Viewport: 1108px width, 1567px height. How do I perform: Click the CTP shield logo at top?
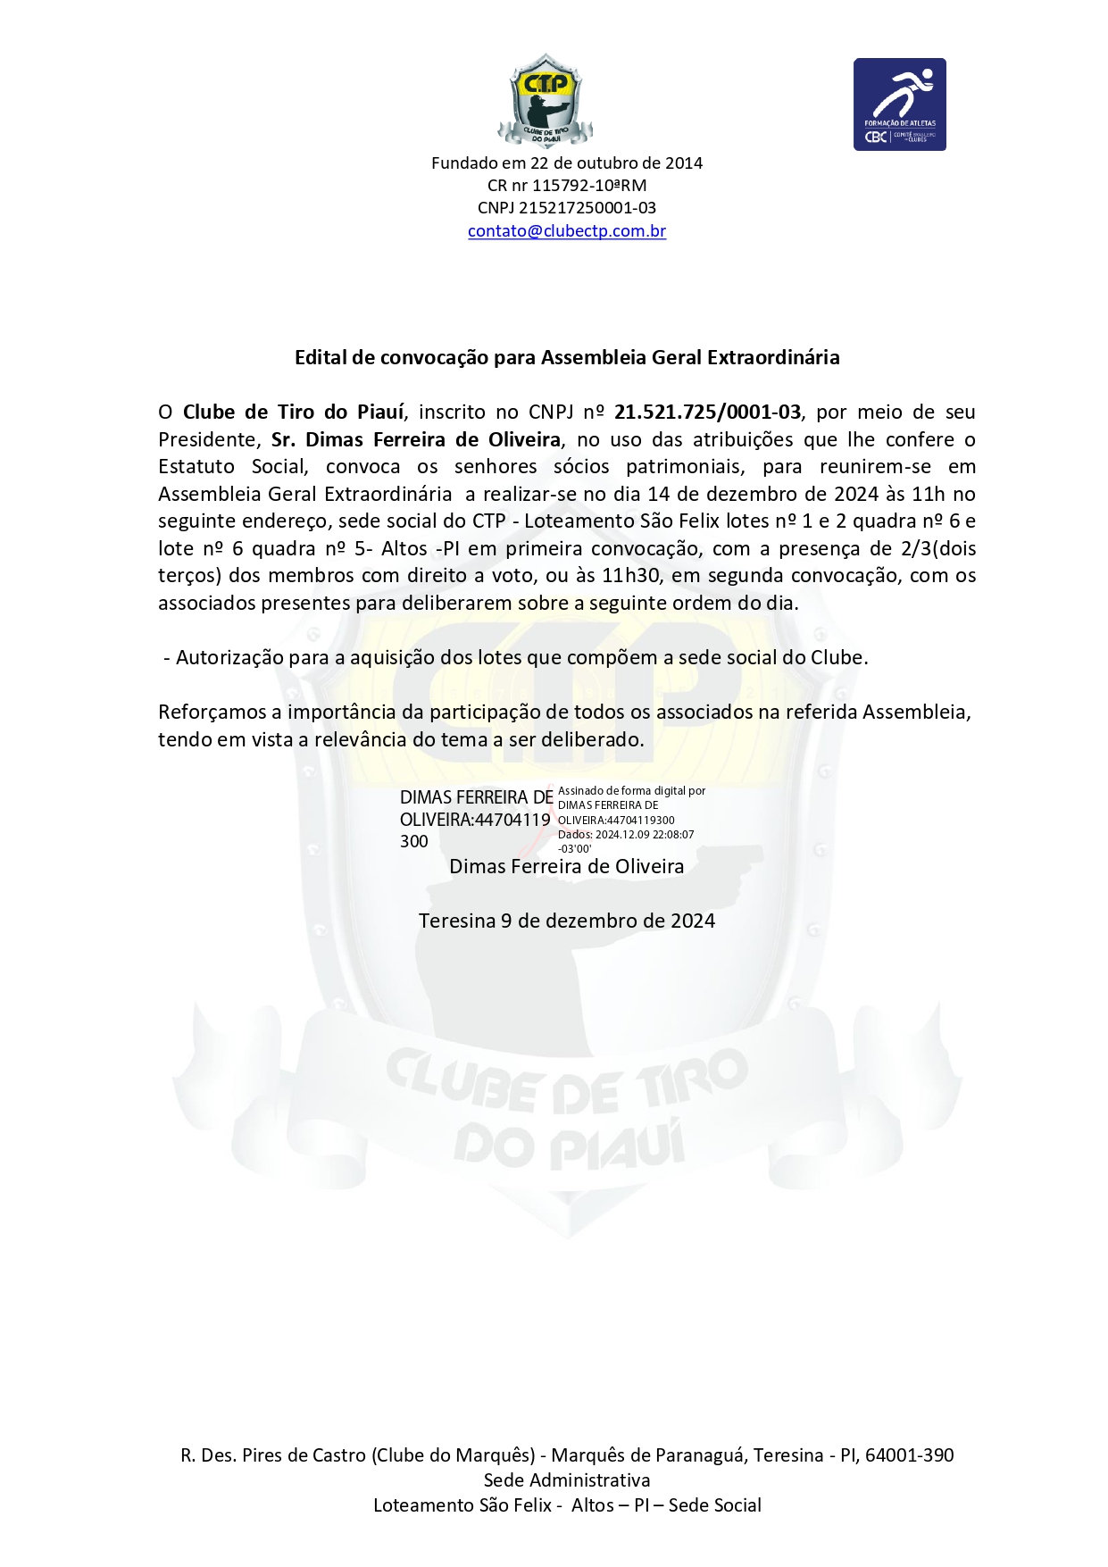coord(545,100)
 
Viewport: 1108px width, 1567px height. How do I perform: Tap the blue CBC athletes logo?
coord(899,104)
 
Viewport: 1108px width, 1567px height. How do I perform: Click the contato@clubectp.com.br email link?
coord(567,231)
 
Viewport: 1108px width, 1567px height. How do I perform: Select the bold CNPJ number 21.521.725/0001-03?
coord(707,413)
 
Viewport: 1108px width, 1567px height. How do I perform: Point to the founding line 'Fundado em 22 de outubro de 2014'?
coord(567,163)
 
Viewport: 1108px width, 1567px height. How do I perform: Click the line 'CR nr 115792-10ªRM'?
coord(567,186)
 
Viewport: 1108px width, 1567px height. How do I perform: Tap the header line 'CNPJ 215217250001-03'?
coord(567,208)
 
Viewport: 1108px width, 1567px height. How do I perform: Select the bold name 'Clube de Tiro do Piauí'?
coord(294,413)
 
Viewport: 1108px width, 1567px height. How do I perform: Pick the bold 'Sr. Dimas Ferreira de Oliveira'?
coord(416,440)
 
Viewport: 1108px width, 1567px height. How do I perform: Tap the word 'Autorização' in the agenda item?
coord(228,658)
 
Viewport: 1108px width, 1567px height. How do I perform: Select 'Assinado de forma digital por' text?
coord(631,791)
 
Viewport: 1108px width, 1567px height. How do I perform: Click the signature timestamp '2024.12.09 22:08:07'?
coord(645,835)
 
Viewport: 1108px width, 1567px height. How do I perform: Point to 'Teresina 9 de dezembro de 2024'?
coord(567,921)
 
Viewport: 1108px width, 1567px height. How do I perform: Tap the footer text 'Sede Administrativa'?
coord(567,1480)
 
